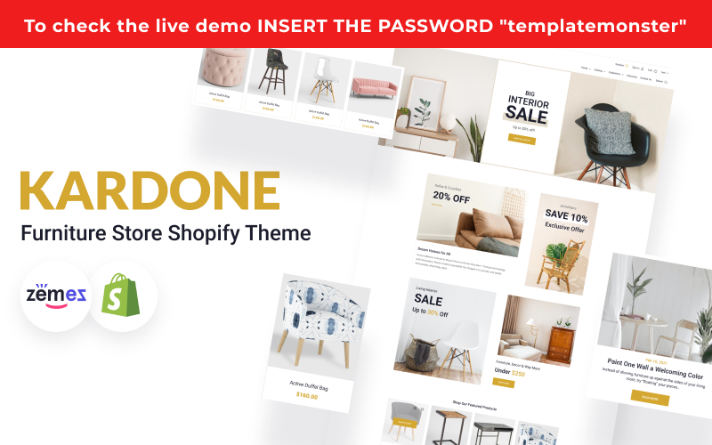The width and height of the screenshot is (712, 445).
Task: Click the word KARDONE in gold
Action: point(150,190)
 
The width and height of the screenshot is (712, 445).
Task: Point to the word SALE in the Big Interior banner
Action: point(526,113)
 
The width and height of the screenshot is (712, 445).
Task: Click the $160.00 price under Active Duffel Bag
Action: point(306,394)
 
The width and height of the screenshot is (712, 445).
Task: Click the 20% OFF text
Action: point(451,198)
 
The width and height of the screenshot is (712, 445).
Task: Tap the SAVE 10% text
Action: point(567,217)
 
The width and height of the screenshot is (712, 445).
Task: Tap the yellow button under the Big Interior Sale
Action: point(522,140)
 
